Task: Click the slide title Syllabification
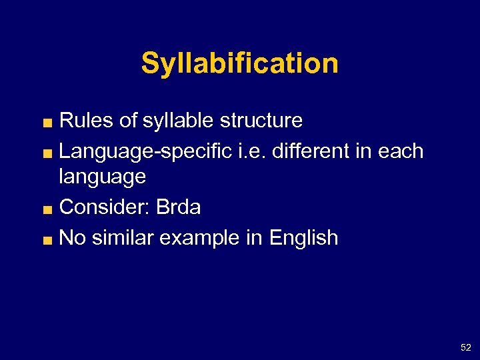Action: (239, 64)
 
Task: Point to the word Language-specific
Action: (147, 151)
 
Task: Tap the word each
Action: (401, 151)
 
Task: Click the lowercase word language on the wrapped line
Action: (102, 177)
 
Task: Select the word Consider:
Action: (105, 207)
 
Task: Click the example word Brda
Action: (178, 207)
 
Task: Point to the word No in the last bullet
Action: (72, 238)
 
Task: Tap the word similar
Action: (119, 238)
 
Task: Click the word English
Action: (303, 238)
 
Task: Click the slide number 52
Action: (465, 347)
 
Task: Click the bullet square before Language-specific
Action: (49, 153)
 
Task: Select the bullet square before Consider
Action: (49, 209)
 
